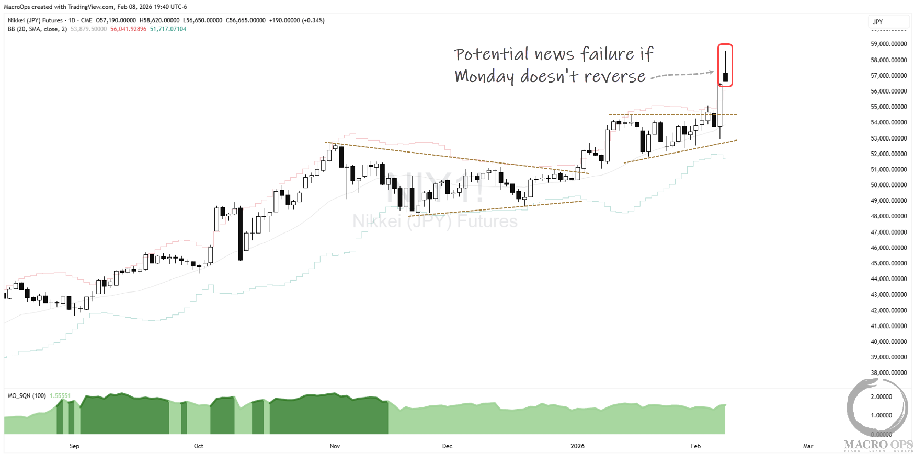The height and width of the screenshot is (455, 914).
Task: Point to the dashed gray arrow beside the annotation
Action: (x=682, y=75)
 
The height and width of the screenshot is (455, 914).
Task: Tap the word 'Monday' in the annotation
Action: (x=484, y=77)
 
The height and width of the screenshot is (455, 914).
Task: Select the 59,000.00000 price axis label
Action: (x=888, y=44)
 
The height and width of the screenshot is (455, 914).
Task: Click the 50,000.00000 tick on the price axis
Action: (x=888, y=185)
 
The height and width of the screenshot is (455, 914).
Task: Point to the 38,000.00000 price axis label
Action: (x=888, y=373)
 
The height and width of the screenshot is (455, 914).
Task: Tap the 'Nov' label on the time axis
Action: (x=335, y=446)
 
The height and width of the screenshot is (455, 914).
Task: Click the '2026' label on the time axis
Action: (x=577, y=446)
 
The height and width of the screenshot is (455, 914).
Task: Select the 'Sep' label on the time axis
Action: (x=74, y=446)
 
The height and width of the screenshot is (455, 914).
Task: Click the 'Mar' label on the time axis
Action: (x=808, y=446)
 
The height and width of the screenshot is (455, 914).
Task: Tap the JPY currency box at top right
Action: (x=887, y=22)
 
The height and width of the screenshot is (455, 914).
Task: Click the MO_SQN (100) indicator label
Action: (x=27, y=396)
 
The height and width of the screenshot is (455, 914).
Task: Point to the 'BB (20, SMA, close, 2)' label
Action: (x=37, y=29)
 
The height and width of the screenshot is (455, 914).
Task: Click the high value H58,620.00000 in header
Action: (x=159, y=20)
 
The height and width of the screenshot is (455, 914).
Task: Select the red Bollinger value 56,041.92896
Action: (x=128, y=29)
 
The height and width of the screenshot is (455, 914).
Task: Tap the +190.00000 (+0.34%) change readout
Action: (x=296, y=20)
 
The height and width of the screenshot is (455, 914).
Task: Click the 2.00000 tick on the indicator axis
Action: (x=881, y=397)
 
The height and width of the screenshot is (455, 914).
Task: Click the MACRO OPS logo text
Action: (x=878, y=445)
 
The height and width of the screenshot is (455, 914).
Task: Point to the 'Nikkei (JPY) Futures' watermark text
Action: (x=435, y=221)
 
